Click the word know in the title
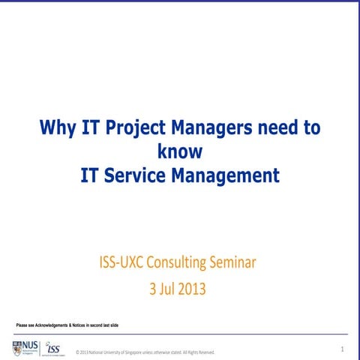tap(180, 151)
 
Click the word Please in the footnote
tap(23, 324)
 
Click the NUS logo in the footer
tap(25, 347)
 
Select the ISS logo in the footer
tap(52, 348)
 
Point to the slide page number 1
tap(342, 349)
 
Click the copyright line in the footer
tap(142, 352)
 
